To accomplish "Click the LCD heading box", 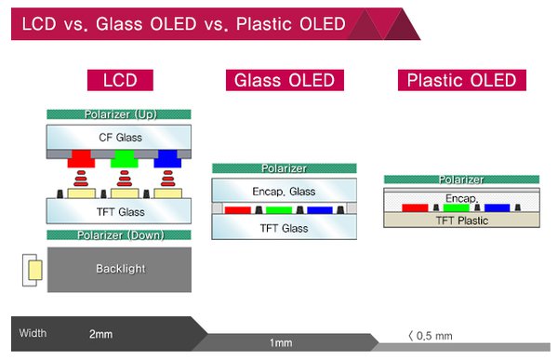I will coord(119,81).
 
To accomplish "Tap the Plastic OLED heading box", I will coord(461,81).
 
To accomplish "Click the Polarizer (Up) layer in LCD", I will coord(119,114).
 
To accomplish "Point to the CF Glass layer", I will coord(119,137).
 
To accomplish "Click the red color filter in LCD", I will coord(82,157).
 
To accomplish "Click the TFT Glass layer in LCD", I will coord(119,212).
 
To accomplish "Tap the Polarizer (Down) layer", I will coord(119,234).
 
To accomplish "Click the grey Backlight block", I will coord(119,269).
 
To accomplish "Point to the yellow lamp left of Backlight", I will coord(33,270).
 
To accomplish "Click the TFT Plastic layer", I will coord(448,220).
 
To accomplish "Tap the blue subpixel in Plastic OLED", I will coord(497,207).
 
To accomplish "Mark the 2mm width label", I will coord(102,333).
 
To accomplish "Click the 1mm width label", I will coord(280,343).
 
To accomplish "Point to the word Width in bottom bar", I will coord(33,333).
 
